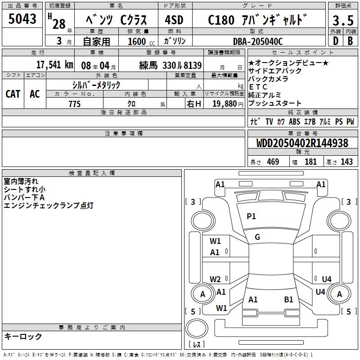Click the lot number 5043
pyautogui.click(x=22, y=19)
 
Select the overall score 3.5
pyautogui.click(x=343, y=20)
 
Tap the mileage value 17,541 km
pyautogui.click(x=54, y=65)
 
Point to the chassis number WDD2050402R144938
pyautogui.click(x=302, y=143)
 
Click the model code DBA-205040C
pyautogui.click(x=258, y=41)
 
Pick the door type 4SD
pyautogui.click(x=174, y=20)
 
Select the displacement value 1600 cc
pyautogui.click(x=141, y=41)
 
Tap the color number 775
pyautogui.click(x=74, y=104)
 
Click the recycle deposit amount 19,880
pyautogui.click(x=225, y=104)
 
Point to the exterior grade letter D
pyautogui.click(x=336, y=41)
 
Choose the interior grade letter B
pyautogui.click(x=350, y=41)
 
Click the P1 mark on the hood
pyautogui.click(x=251, y=216)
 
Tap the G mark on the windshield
pyautogui.click(x=257, y=237)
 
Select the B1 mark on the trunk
pyautogui.click(x=288, y=300)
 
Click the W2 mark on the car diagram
pyautogui.click(x=215, y=279)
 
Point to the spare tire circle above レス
pyautogui.click(x=197, y=328)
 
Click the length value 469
pyautogui.click(x=273, y=162)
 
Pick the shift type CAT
pyautogui.click(x=13, y=94)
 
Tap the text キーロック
pyautogui.click(x=23, y=336)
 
